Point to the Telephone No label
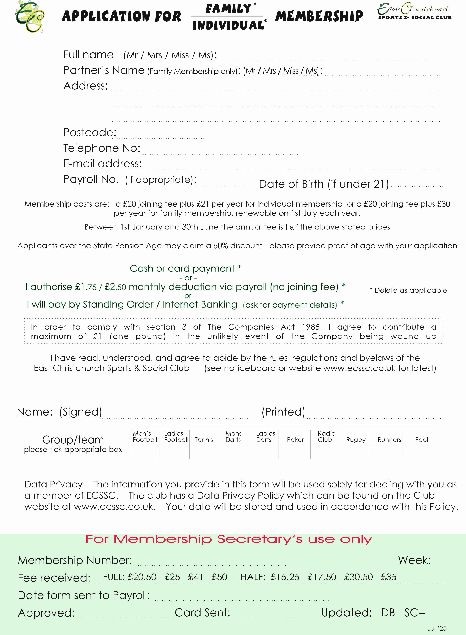[102, 148]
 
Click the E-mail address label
[102, 164]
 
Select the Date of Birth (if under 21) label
[323, 184]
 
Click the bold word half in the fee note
[292, 227]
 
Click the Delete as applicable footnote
[408, 290]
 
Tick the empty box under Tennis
[203, 452]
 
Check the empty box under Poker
[294, 452]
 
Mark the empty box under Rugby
[355, 452]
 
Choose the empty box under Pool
[419, 452]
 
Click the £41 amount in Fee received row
[196, 577]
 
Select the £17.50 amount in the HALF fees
[322, 577]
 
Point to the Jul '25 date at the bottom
[437, 628]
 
